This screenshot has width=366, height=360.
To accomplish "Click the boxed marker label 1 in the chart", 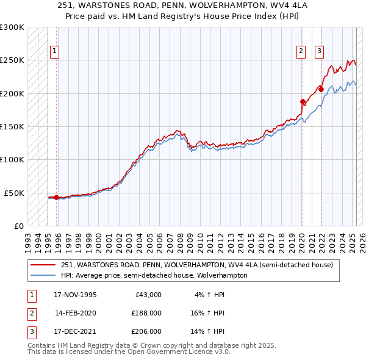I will (55, 52).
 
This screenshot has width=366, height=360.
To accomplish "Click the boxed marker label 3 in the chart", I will (320, 52).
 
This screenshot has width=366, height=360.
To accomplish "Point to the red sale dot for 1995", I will (57, 197).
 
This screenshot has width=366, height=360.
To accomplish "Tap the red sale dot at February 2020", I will (303, 101).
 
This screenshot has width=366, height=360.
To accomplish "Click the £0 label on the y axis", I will (19, 226).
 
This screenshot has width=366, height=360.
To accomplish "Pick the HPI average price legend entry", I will (154, 275).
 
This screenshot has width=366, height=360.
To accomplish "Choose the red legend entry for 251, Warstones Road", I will (196, 265).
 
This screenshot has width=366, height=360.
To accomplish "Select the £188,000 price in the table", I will (146, 313).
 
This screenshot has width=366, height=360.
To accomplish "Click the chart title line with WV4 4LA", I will (183, 7).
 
